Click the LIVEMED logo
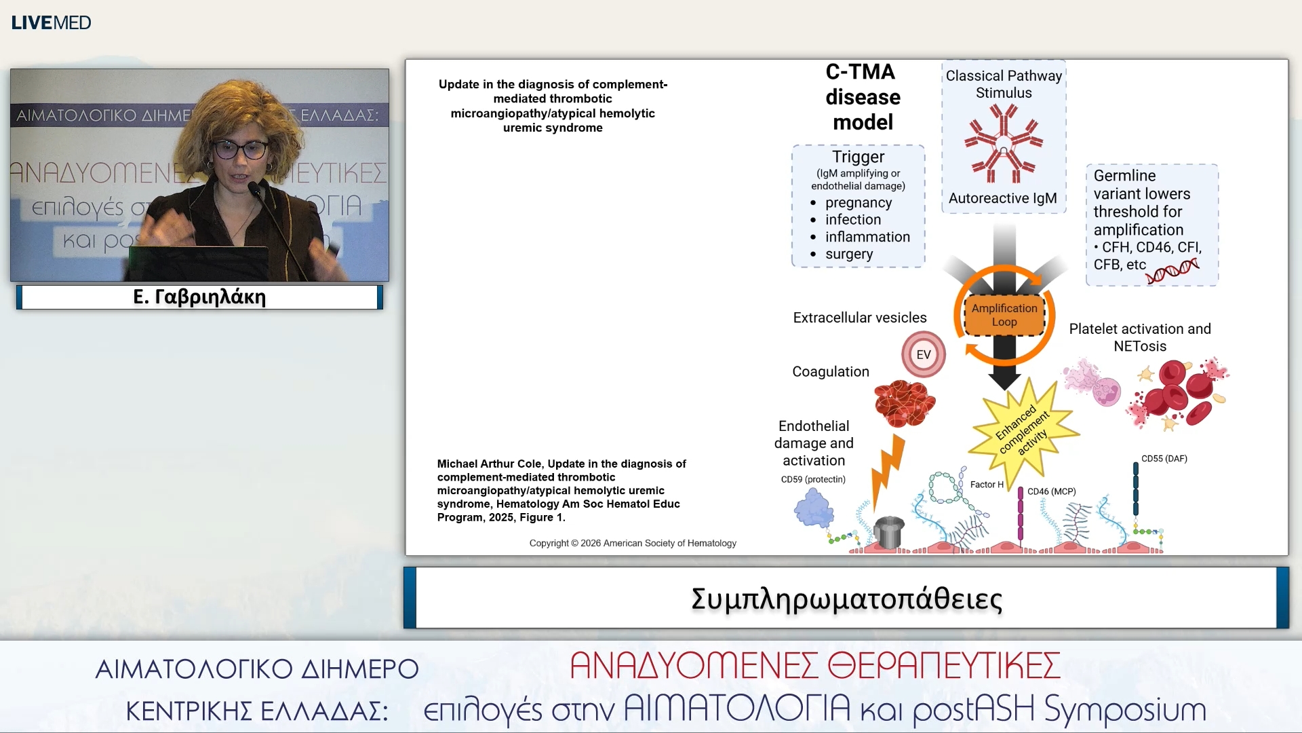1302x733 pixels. tap(51, 22)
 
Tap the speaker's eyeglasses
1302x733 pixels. tap(240, 149)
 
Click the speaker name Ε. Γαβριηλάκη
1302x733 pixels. tap(199, 297)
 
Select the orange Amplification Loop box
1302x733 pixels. tap(1004, 315)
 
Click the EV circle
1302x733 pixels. tap(923, 354)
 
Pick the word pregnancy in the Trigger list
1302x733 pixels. tap(858, 203)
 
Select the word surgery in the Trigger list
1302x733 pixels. tap(848, 254)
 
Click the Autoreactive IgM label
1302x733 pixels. tap(1002, 198)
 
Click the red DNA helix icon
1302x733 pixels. tap(1172, 271)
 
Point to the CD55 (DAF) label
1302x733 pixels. tap(1164, 459)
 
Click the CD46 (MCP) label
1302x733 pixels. tap(1051, 491)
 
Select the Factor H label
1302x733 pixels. tap(987, 485)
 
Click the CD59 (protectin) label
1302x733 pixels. tap(813, 479)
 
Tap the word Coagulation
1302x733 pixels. tap(831, 372)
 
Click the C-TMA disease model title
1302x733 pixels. tap(863, 97)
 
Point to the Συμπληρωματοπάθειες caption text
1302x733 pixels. tap(846, 599)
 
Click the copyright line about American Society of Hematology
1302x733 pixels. tap(633, 543)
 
